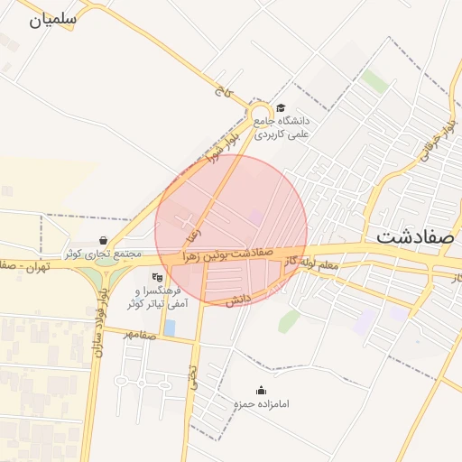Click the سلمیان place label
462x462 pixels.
[53, 18]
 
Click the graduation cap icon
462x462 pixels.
[281, 107]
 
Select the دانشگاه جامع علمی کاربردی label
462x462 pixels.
[282, 127]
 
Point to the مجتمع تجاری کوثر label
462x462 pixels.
[103, 254]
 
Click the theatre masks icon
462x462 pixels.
[157, 277]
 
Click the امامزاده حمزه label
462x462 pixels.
[262, 403]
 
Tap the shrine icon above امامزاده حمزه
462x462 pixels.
[262, 390]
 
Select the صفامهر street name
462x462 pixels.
[141, 336]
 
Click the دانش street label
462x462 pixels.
[236, 300]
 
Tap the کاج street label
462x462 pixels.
[220, 89]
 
